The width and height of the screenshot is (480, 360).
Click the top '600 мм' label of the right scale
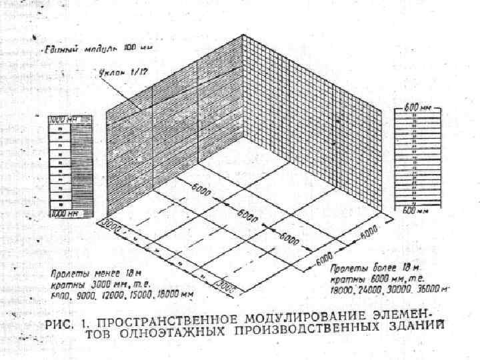(417, 107)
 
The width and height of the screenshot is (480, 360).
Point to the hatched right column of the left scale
(81, 167)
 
